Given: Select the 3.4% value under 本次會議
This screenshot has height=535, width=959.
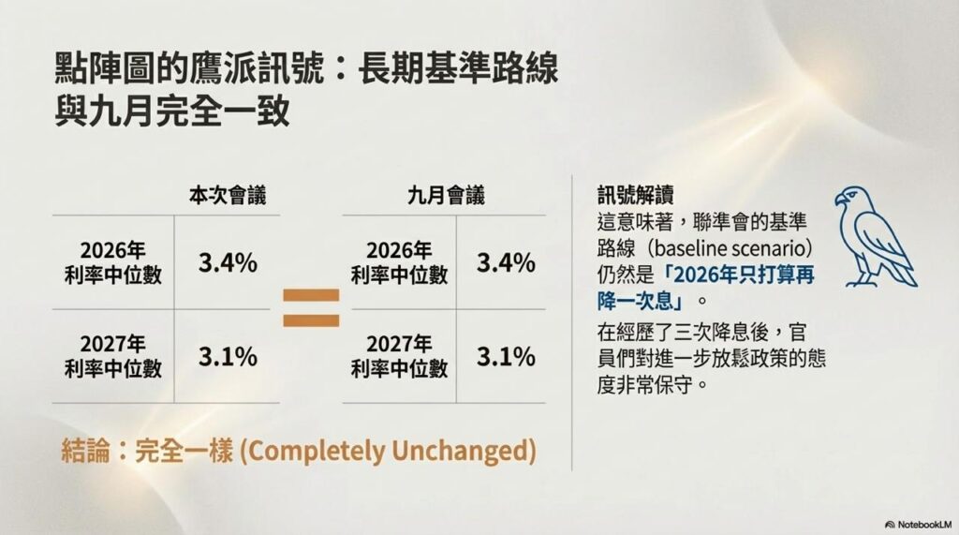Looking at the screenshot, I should click(228, 263).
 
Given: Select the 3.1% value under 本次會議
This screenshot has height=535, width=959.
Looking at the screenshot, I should click(228, 356).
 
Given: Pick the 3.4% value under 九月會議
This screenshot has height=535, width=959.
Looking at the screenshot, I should click(506, 263).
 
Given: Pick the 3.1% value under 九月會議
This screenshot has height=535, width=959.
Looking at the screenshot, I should click(506, 356).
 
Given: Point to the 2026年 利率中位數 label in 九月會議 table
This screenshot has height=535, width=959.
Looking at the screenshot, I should click(399, 262).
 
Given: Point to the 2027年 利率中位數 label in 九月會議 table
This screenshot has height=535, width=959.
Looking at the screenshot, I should click(399, 356).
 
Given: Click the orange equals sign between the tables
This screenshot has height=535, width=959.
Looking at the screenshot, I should click(311, 307).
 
